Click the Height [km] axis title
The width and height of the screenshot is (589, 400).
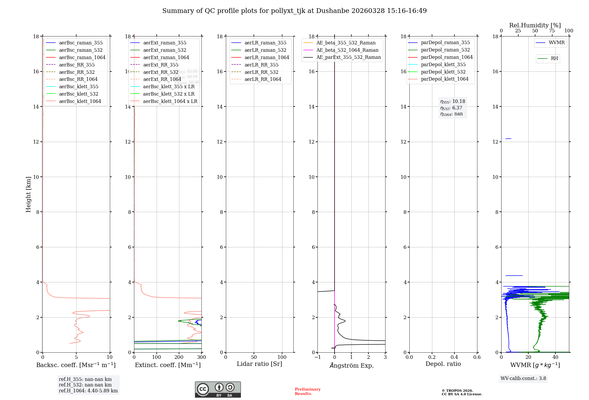click(x=28, y=194)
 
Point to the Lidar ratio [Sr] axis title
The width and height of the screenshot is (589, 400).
click(x=259, y=364)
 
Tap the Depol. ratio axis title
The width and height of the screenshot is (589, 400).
click(x=443, y=364)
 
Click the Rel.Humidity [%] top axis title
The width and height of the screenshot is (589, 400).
click(x=535, y=25)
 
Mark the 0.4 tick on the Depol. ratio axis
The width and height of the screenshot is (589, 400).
click(x=454, y=357)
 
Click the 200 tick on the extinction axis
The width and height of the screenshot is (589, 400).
click(x=179, y=357)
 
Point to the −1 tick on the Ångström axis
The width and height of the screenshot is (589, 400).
click(x=317, y=357)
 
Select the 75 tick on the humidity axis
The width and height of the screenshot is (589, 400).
click(x=552, y=31)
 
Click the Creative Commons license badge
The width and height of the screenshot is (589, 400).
click(x=218, y=389)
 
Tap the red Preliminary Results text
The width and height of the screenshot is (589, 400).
click(x=307, y=391)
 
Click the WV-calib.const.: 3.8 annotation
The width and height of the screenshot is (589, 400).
click(x=523, y=379)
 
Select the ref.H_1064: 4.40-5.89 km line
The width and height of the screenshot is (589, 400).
click(x=88, y=391)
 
